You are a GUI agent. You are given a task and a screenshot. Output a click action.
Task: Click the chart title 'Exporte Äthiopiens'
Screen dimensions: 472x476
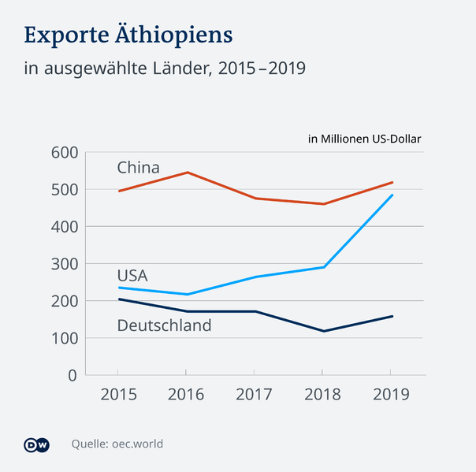(128, 35)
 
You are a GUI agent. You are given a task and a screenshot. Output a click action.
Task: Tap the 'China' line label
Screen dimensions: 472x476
(138, 168)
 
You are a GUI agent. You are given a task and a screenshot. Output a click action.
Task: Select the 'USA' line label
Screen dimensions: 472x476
(132, 275)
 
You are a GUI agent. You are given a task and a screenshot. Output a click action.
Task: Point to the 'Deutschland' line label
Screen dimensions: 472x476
(164, 325)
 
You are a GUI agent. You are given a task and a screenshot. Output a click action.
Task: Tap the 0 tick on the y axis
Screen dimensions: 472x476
(71, 376)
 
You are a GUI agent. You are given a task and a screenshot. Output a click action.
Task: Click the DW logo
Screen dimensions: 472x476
(37, 444)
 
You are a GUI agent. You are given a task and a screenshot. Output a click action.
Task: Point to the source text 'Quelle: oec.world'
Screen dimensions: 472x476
(117, 444)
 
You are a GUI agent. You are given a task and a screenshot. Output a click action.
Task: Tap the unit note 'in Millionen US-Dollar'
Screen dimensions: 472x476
(364, 139)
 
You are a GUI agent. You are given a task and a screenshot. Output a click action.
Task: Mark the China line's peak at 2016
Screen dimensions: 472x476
(186, 172)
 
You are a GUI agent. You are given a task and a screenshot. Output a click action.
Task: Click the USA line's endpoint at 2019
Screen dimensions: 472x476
(392, 195)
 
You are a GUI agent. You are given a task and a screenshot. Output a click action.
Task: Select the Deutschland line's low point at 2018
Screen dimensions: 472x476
(323, 331)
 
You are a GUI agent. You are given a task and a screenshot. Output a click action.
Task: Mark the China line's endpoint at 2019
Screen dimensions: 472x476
(392, 182)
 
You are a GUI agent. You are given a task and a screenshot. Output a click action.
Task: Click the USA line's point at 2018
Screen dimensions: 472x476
(323, 267)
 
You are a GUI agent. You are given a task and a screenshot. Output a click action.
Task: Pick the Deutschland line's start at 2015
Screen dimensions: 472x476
(118, 299)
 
